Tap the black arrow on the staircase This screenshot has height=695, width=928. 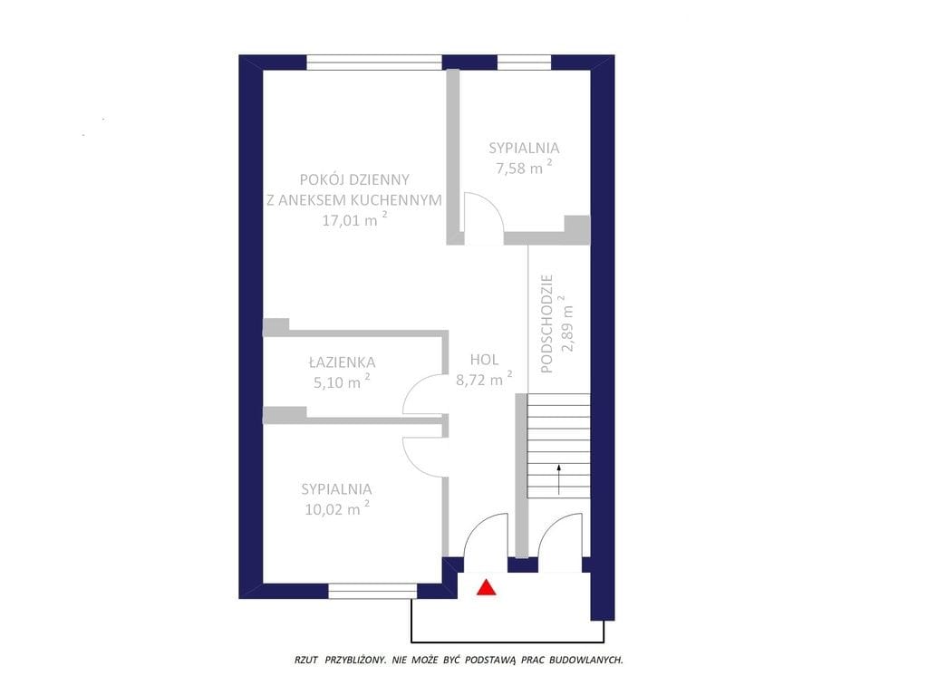point(558,479)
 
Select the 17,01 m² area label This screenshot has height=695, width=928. point(355,219)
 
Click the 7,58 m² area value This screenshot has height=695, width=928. point(525,167)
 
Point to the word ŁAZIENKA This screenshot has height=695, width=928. point(342,362)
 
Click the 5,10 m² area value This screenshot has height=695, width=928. point(342,381)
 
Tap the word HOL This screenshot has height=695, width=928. point(484,360)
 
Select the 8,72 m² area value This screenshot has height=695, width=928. point(484,379)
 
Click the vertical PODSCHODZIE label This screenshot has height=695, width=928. point(546,323)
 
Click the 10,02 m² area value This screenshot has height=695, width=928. point(337,508)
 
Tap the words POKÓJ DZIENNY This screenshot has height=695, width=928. point(354,179)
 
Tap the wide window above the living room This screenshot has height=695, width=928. point(374,63)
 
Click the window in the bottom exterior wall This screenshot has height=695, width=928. point(372,591)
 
